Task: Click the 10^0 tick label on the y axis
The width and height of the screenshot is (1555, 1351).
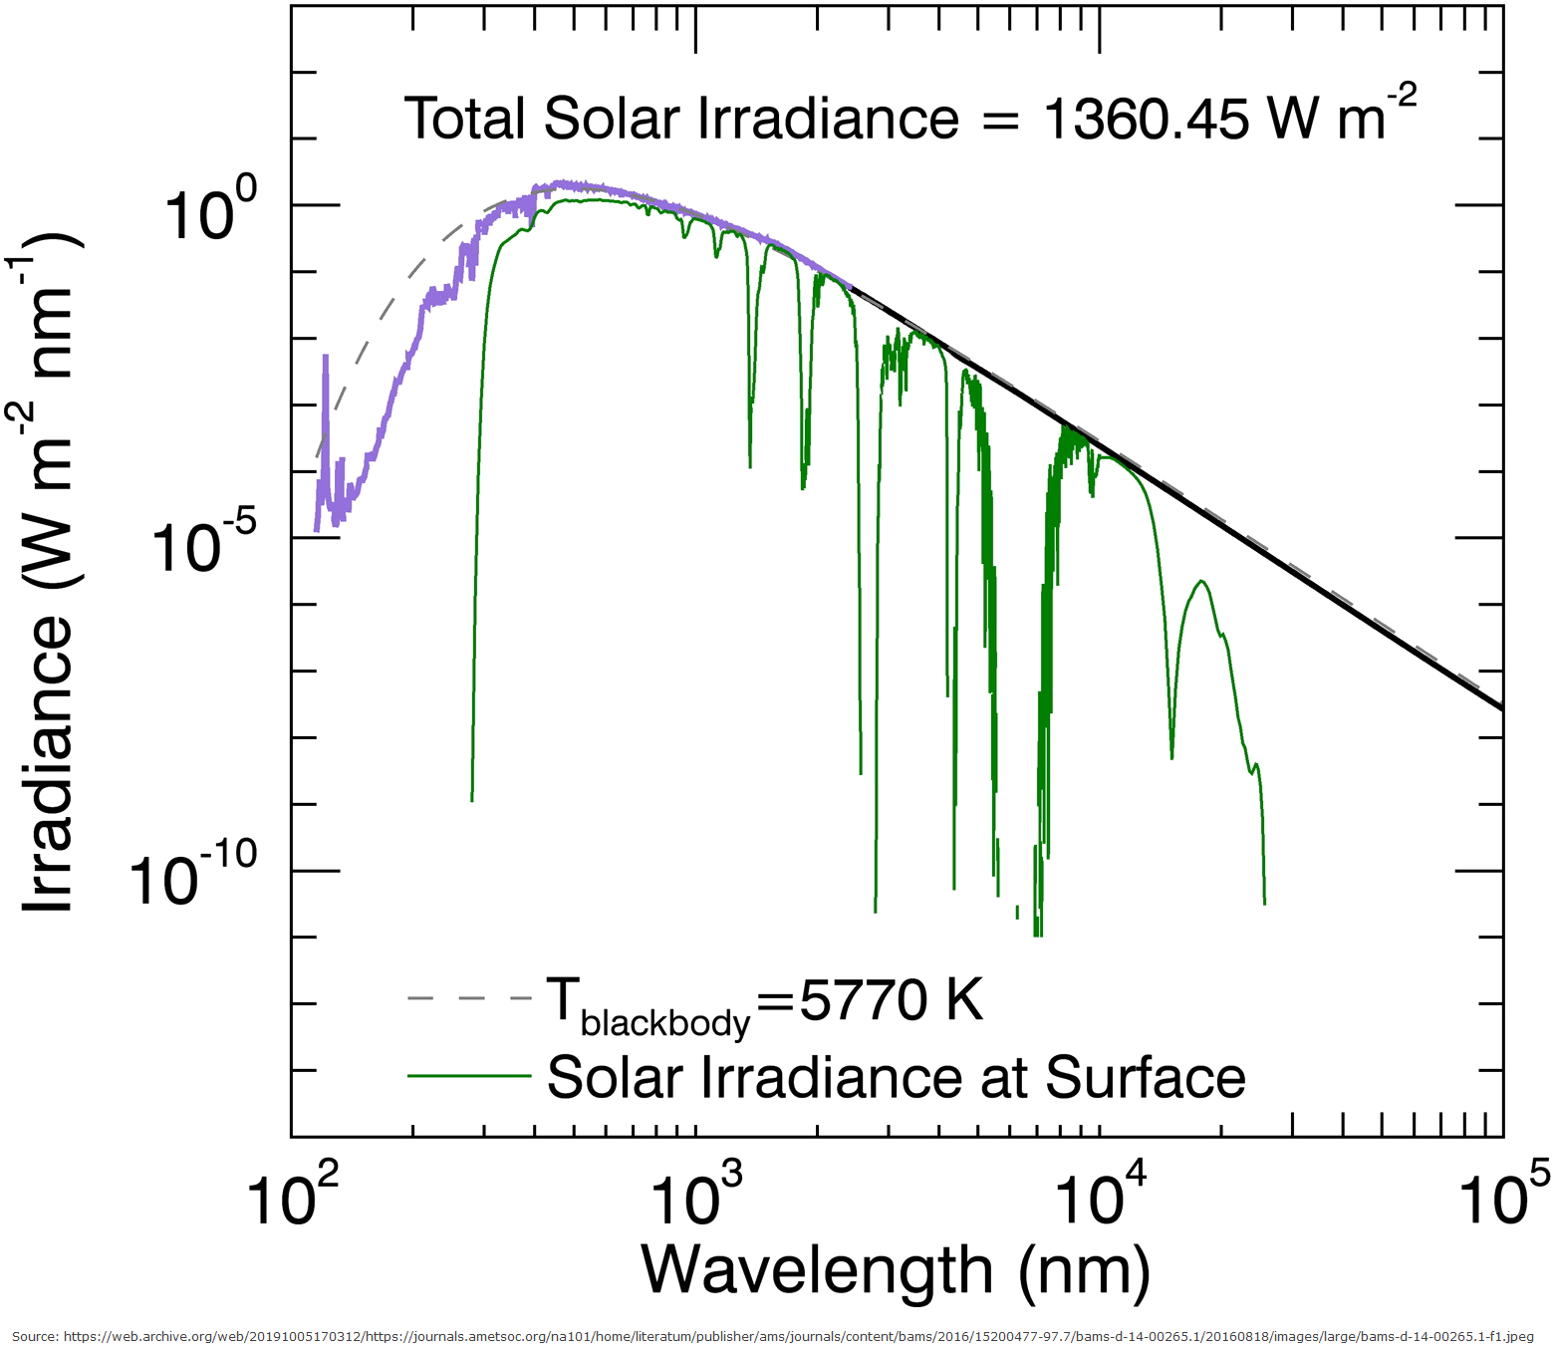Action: [x=210, y=212]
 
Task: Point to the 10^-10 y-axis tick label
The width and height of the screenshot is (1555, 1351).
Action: [x=193, y=876]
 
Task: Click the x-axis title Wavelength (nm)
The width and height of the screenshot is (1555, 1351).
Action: [x=896, y=1270]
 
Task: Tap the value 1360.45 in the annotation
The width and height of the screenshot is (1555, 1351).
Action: [x=1146, y=120]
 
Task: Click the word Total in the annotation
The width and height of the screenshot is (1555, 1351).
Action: [x=465, y=120]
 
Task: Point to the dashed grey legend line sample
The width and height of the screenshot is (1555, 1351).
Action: [x=469, y=998]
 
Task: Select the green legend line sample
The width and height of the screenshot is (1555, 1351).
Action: [x=469, y=1076]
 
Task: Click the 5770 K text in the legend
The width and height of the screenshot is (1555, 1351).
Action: [x=892, y=999]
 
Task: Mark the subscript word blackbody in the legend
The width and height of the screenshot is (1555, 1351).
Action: [x=664, y=1023]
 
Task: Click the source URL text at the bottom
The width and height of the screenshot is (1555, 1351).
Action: [x=772, y=1336]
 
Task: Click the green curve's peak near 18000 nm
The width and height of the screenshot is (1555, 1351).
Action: [x=1203, y=582]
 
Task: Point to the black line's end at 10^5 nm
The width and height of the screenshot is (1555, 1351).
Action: [x=1500, y=707]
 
